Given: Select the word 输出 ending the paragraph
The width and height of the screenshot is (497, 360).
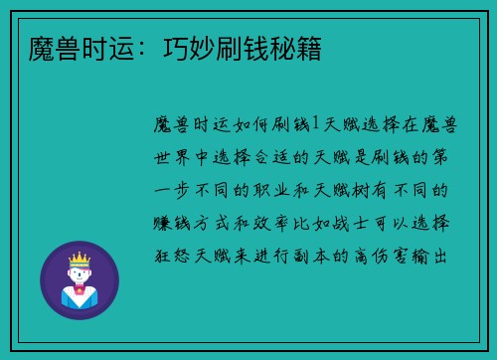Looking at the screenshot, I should point(436,256).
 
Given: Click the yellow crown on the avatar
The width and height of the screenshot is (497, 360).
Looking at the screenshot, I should point(79,256).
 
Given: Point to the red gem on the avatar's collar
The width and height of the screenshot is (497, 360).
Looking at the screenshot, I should point(79,291).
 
